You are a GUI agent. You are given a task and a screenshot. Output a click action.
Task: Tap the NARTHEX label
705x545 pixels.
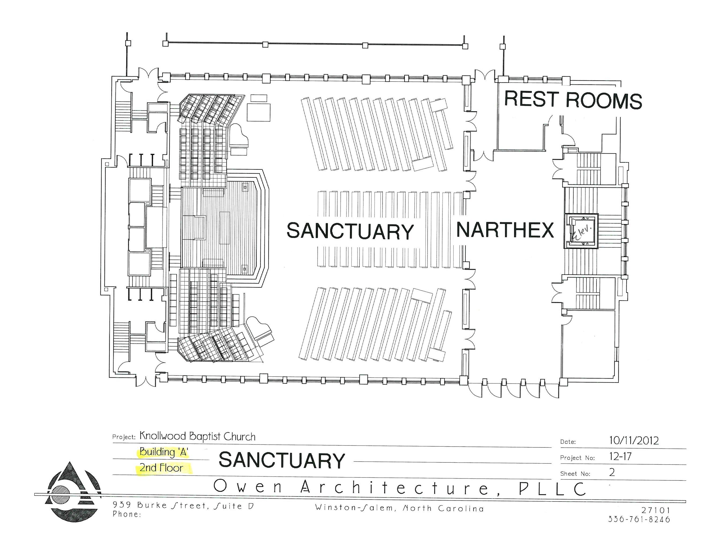pyautogui.click(x=505, y=230)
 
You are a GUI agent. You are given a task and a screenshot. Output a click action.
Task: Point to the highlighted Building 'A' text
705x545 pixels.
pyautogui.click(x=164, y=452)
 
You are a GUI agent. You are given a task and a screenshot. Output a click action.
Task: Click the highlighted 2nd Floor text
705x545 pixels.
pyautogui.click(x=161, y=468)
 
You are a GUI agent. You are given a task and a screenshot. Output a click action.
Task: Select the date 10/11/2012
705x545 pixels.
pyautogui.click(x=634, y=440)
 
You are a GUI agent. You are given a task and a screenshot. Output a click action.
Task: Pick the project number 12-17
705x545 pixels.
pyautogui.click(x=620, y=457)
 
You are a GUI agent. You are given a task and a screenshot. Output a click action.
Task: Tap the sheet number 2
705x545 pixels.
pyautogui.click(x=612, y=472)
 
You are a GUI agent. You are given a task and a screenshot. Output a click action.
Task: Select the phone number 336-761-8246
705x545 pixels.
pyautogui.click(x=639, y=519)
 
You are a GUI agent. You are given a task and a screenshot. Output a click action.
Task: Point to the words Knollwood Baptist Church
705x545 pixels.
pyautogui.click(x=197, y=436)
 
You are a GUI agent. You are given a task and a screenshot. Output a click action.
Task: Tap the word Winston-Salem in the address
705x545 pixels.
pyautogui.click(x=354, y=508)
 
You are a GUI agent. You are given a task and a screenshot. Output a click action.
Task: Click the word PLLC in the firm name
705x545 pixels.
pyautogui.click(x=552, y=488)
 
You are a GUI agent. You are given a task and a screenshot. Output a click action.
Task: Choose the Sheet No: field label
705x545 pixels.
pyautogui.click(x=575, y=474)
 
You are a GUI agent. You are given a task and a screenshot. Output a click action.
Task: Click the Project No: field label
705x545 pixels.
pyautogui.click(x=577, y=458)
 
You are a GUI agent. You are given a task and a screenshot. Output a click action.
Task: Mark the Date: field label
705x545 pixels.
pyautogui.click(x=568, y=442)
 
